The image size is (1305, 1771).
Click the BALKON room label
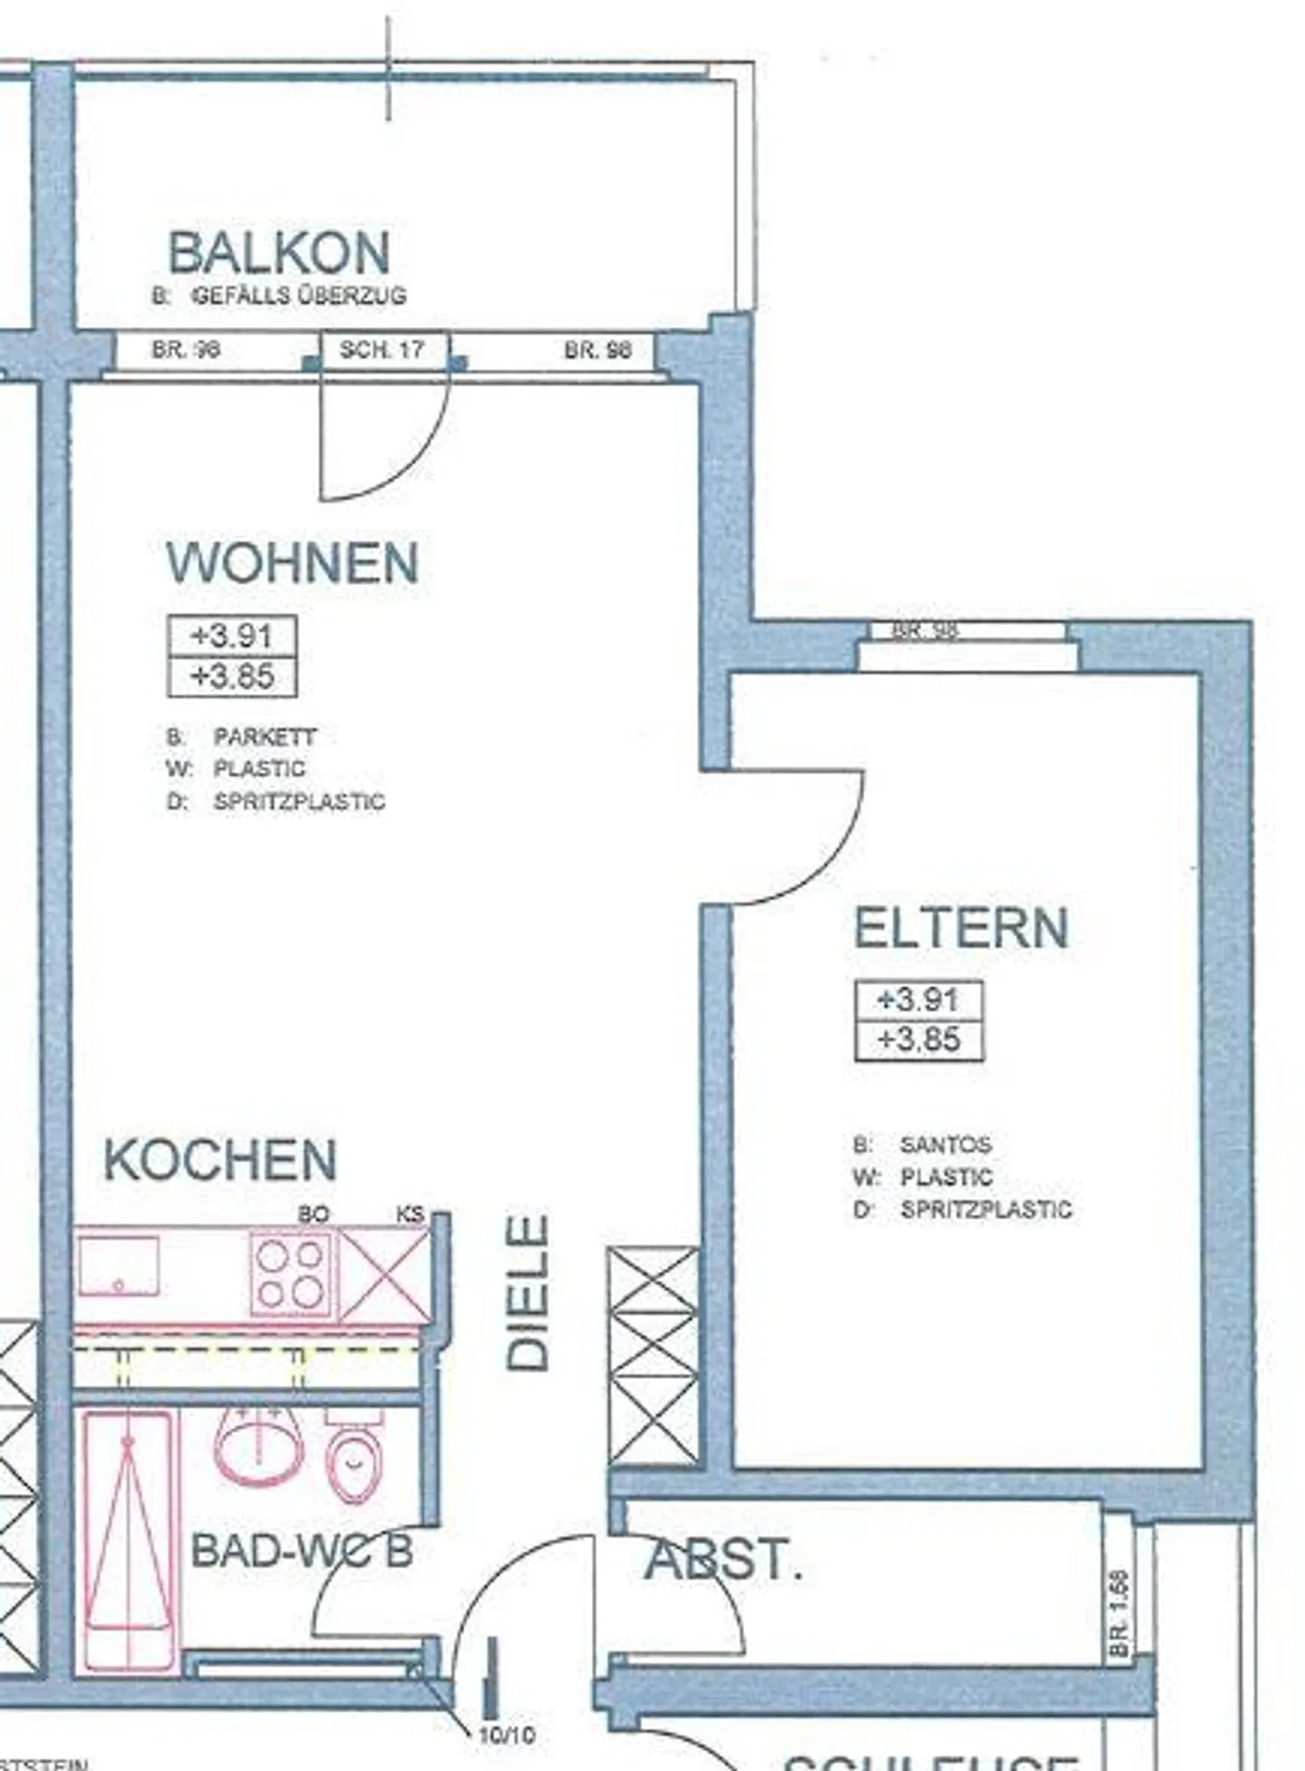click(279, 253)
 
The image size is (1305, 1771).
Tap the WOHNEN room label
click(292, 563)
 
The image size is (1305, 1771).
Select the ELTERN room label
click(962, 928)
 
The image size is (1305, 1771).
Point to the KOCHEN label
click(220, 1160)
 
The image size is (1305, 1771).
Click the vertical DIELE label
click(527, 1292)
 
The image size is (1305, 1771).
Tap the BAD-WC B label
click(302, 1551)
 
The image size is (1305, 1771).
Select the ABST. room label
click(723, 1561)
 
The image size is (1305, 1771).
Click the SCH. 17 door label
click(382, 350)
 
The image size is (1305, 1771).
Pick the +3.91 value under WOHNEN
click(232, 636)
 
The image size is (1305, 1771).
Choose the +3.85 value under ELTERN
click(919, 1040)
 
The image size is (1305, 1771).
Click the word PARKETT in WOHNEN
click(265, 737)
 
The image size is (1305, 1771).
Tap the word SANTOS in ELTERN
click(945, 1145)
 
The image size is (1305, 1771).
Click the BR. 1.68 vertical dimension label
click(1119, 1601)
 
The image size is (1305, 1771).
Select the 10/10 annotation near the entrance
click(506, 1736)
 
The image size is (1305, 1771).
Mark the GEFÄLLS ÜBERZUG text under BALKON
click(300, 295)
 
